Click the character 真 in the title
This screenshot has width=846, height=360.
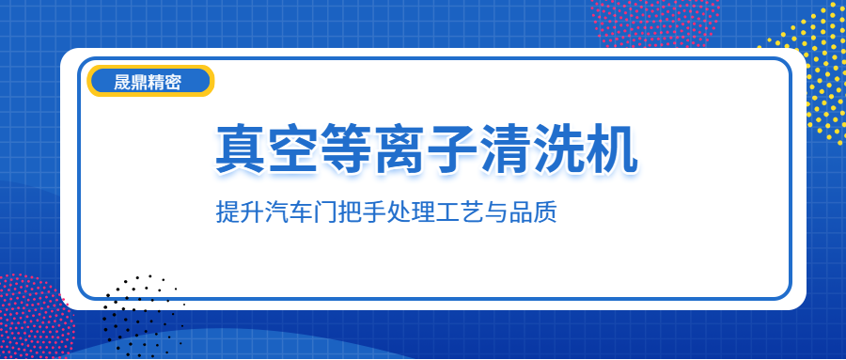coord(242,149)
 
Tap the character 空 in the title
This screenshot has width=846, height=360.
coord(294,149)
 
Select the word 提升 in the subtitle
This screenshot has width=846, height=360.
coord(240,212)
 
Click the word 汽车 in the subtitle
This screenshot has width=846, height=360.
coord(289,212)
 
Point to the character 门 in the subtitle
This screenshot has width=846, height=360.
coord(325,212)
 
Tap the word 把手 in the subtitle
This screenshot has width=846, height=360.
coord(362,212)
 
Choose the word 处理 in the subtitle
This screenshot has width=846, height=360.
coord(411,212)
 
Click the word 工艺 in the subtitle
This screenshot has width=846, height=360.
coord(460,212)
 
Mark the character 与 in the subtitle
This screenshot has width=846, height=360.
coord(496,212)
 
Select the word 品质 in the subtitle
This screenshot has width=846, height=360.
coord(533,212)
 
